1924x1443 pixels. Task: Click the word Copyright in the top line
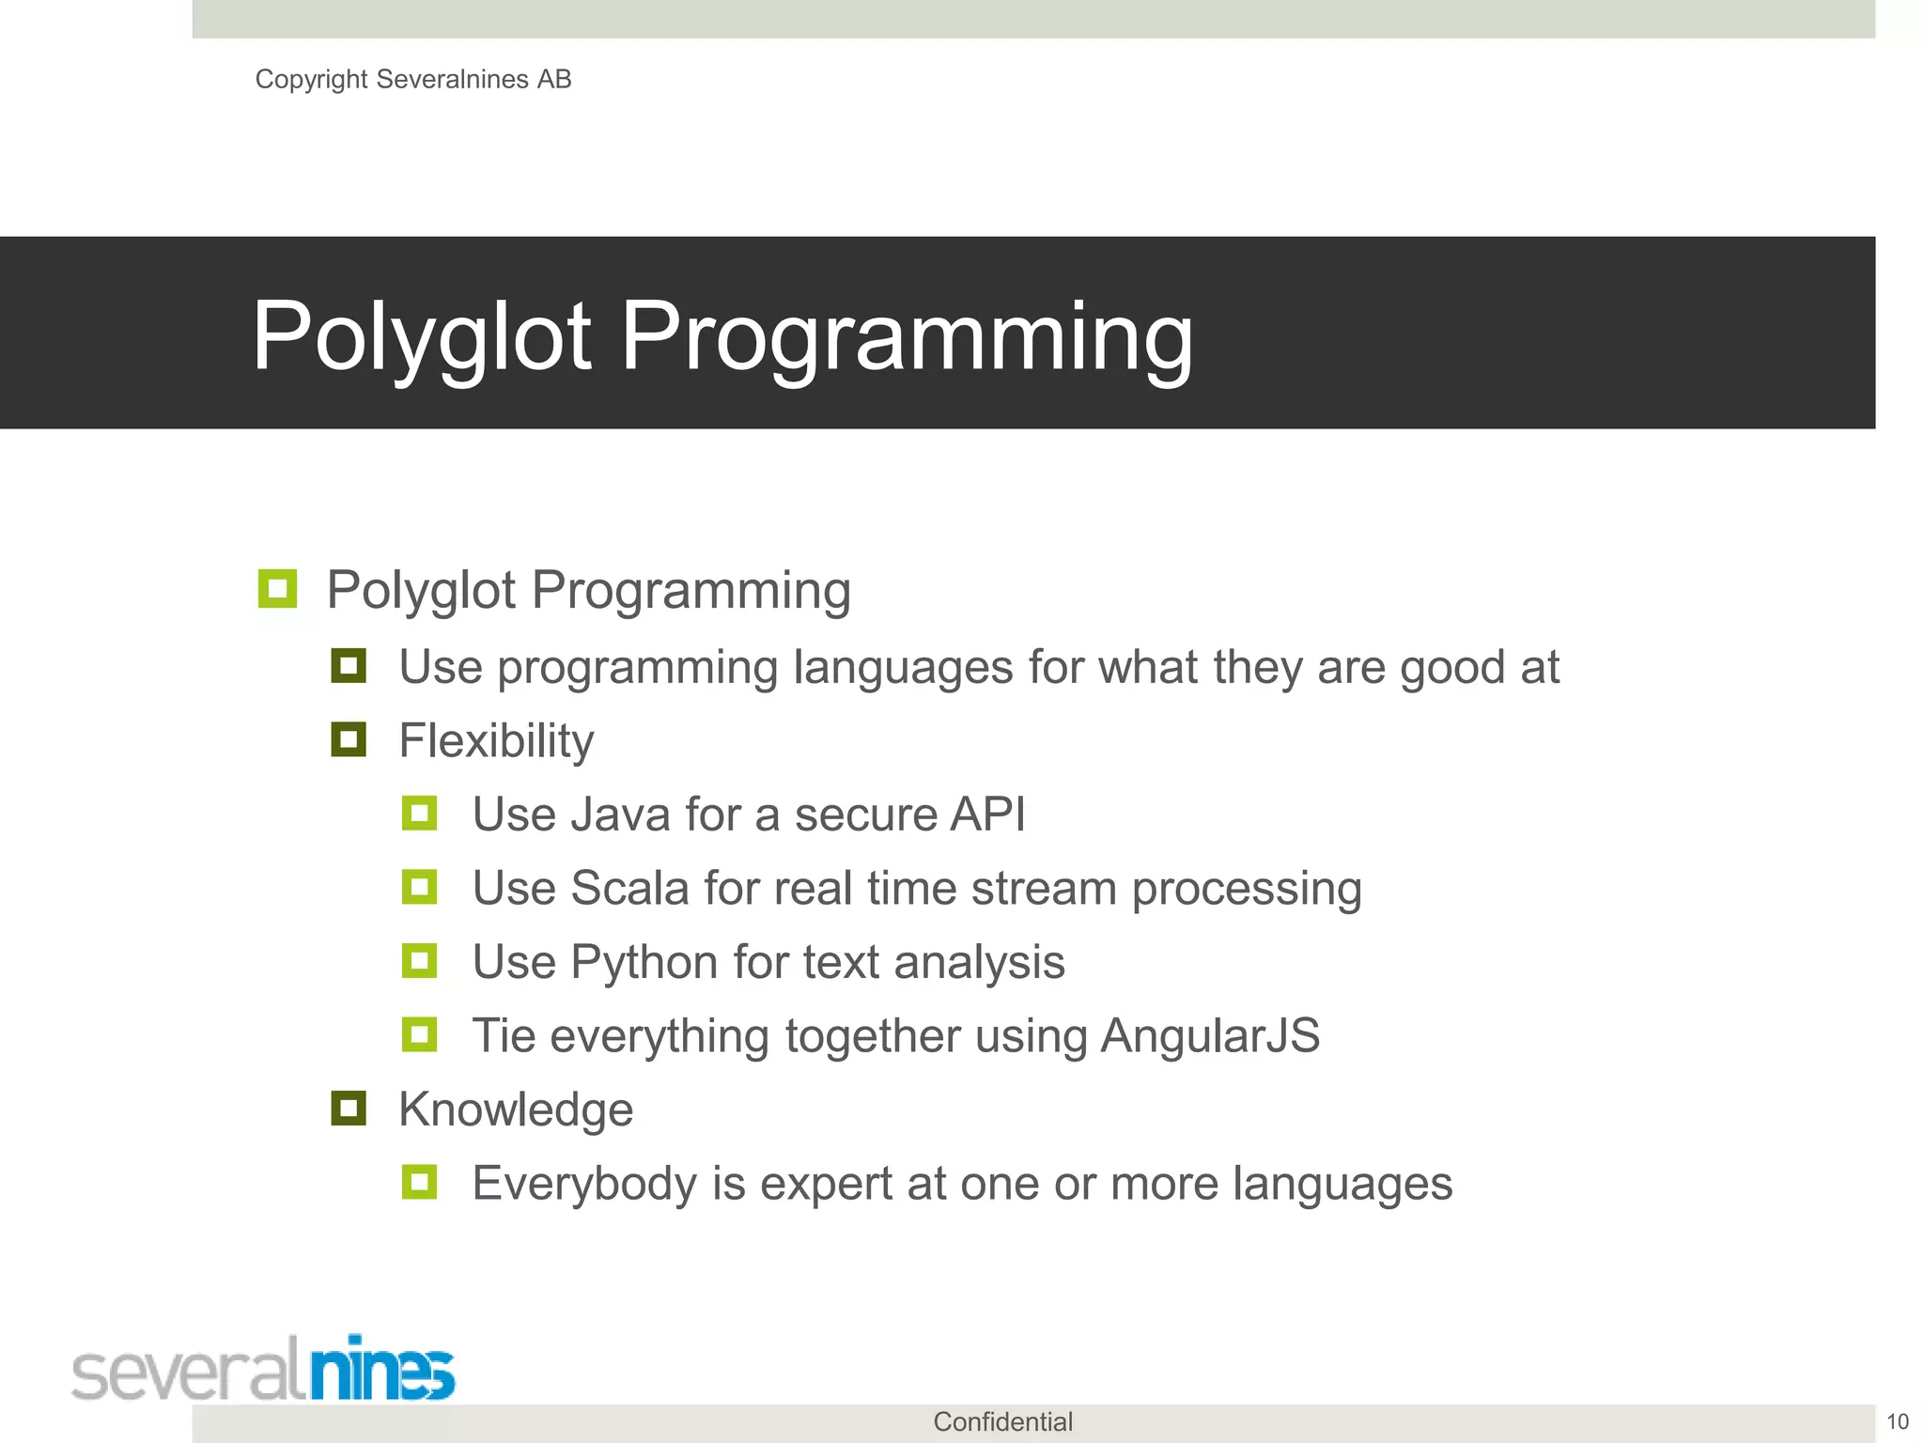coord(311,80)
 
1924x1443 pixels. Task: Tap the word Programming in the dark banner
coord(907,336)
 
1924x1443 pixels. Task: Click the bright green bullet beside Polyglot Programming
coord(277,589)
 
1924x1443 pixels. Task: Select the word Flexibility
coord(496,741)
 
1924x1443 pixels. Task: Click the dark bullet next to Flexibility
coord(349,739)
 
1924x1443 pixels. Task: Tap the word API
coord(986,815)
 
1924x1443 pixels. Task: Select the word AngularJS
coord(1210,1036)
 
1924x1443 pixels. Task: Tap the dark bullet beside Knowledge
coord(349,1109)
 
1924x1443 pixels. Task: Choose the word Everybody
coord(583,1184)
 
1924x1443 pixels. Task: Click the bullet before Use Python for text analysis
coord(419,961)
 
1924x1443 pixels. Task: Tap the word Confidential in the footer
coord(1002,1422)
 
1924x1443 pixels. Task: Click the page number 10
coord(1898,1422)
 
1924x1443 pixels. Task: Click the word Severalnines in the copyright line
coord(453,80)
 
